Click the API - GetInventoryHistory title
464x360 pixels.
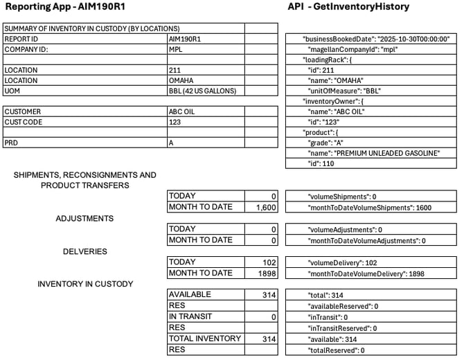point(348,7)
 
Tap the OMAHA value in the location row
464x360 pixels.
point(181,80)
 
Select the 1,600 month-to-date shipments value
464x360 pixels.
point(266,208)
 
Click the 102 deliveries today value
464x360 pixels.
point(270,262)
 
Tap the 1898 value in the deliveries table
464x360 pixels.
point(267,273)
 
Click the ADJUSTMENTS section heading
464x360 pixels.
point(84,219)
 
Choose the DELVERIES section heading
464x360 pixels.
point(84,251)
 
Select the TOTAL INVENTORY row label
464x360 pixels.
point(205,339)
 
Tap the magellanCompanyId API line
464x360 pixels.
point(351,50)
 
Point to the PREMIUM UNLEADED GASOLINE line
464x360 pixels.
point(371,153)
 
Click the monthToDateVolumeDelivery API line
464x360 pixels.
point(364,273)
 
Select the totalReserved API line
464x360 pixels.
point(339,350)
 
